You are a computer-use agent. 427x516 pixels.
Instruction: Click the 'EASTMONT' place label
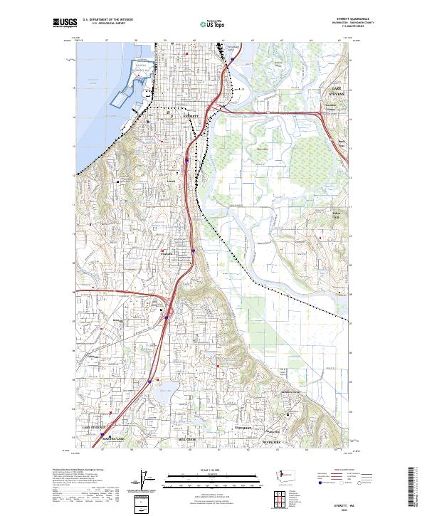tap(244, 427)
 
